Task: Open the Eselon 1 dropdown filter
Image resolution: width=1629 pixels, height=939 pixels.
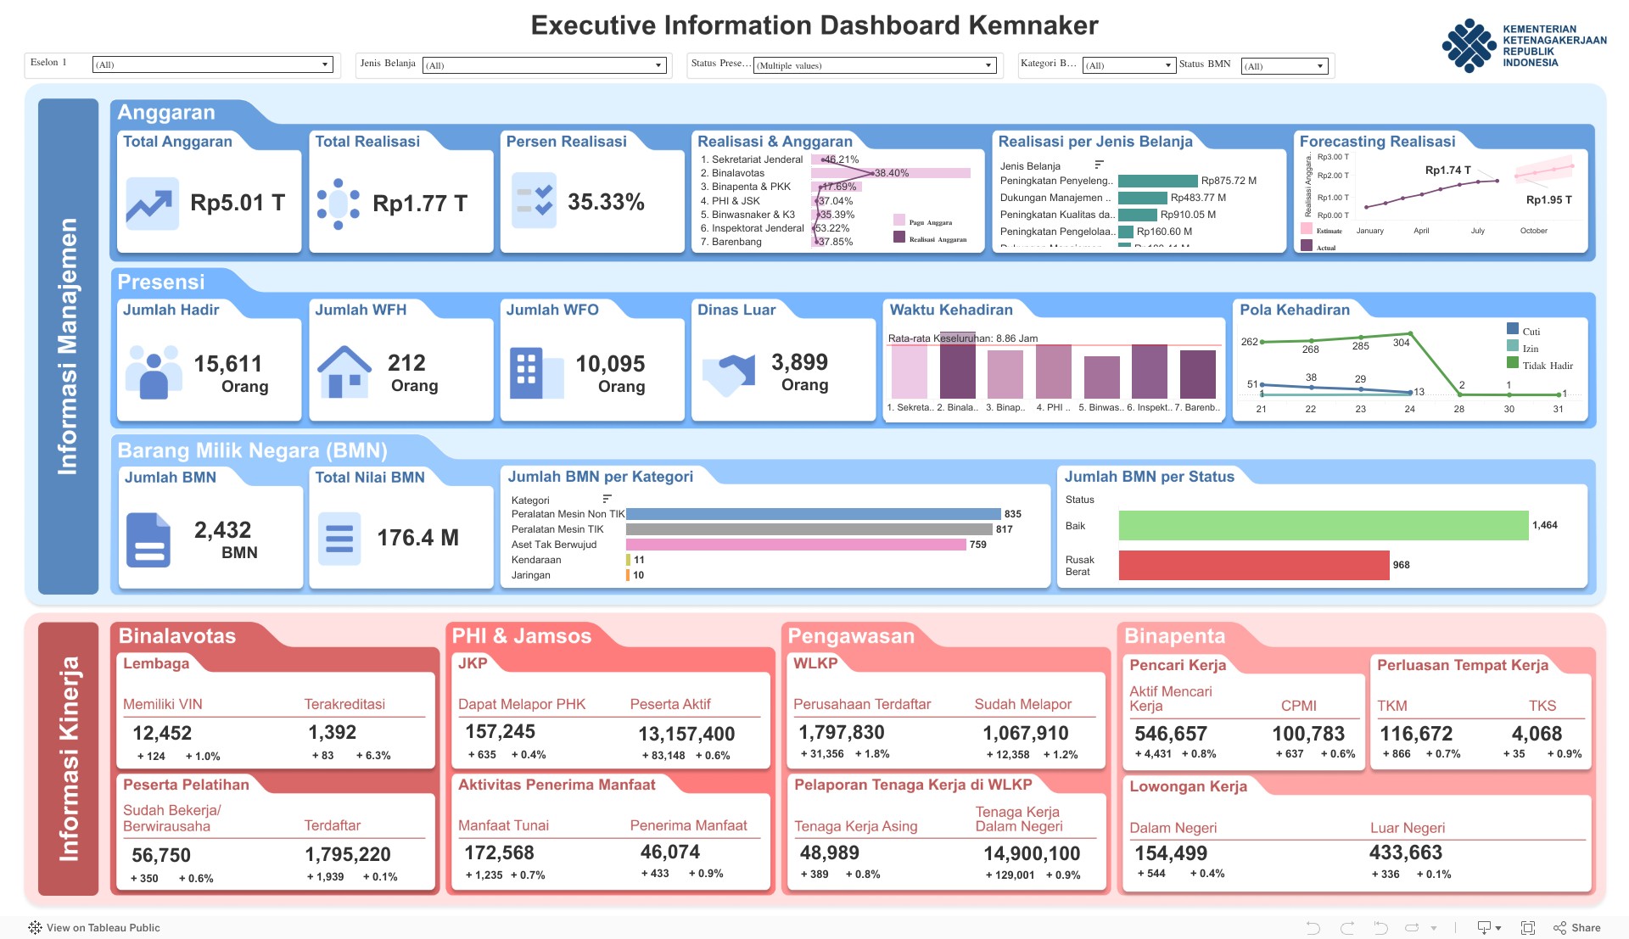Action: click(212, 64)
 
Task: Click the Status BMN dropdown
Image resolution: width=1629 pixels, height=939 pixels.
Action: click(1284, 66)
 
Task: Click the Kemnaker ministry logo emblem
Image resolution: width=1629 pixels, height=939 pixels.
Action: click(1468, 46)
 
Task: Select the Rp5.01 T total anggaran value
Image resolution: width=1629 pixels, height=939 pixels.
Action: click(237, 203)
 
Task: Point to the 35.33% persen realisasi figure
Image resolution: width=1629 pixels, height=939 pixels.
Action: click(606, 202)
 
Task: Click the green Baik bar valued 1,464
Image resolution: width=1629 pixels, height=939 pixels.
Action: click(1323, 526)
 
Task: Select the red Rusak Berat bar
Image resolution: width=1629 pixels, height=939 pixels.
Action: click(1253, 565)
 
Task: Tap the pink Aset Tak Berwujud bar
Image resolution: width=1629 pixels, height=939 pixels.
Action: click(795, 545)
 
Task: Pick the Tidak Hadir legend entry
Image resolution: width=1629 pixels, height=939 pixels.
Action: click(1546, 366)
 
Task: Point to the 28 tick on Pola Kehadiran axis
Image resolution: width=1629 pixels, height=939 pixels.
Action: click(1458, 409)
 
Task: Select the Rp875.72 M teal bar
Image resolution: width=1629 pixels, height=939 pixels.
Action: click(1157, 181)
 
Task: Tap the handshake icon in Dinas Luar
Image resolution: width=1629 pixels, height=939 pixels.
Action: click(729, 373)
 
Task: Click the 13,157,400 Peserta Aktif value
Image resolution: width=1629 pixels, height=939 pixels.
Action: click(686, 734)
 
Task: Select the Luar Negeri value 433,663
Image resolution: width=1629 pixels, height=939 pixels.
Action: click(1405, 852)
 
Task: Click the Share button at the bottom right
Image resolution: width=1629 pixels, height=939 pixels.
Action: click(1577, 927)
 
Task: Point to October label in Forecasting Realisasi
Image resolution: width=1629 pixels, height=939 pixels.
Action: click(1533, 231)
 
